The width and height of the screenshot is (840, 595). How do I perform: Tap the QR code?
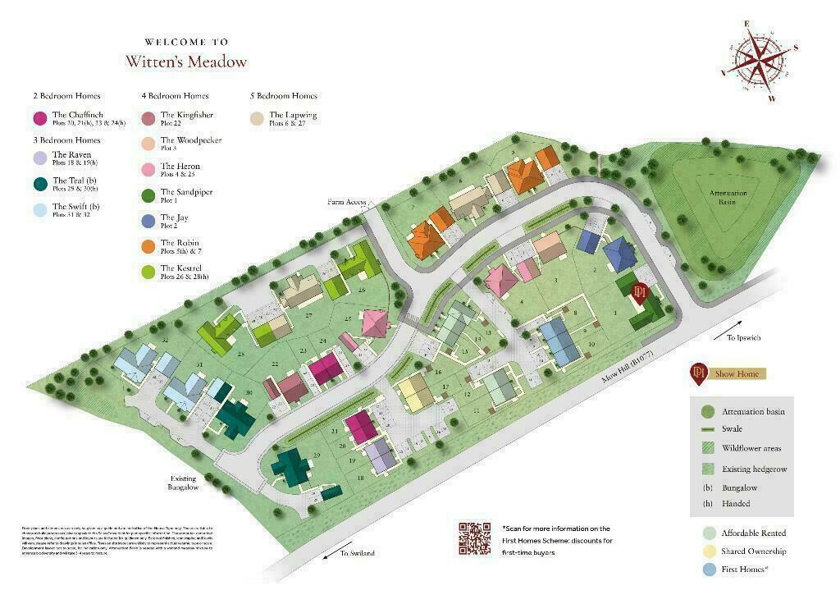click(x=475, y=538)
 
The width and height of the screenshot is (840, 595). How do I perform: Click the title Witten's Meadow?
click(x=186, y=62)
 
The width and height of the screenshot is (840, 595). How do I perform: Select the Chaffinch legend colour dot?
click(x=39, y=119)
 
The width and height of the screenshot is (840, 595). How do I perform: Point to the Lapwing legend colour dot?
click(x=258, y=119)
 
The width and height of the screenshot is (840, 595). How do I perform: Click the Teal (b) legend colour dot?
click(x=39, y=184)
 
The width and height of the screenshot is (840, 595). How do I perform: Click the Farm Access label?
click(x=345, y=201)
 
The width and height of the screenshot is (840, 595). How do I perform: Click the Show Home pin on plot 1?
click(x=641, y=293)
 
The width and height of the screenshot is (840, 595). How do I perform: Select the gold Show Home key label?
click(x=739, y=373)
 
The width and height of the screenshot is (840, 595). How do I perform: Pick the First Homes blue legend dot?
click(x=709, y=570)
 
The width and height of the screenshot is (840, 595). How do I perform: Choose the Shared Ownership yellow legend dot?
click(x=709, y=552)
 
